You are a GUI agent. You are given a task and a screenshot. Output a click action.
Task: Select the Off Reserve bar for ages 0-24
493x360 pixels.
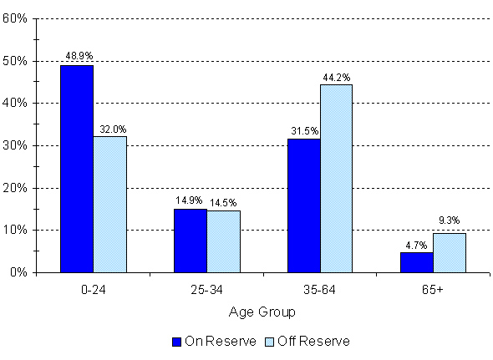[109, 205]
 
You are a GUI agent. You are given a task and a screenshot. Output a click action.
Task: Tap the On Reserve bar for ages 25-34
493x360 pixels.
[191, 241]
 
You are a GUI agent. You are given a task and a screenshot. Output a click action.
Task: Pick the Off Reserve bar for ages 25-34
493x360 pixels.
[223, 241]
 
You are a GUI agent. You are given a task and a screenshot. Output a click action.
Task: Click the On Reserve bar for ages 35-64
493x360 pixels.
[304, 205]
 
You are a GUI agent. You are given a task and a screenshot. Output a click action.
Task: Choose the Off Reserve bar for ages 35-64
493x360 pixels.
[337, 179]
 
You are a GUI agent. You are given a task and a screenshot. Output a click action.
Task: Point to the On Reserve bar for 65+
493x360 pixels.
[417, 262]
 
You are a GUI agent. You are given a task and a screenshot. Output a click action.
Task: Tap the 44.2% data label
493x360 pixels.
[336, 76]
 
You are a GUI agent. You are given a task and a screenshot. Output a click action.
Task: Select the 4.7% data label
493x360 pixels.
[417, 245]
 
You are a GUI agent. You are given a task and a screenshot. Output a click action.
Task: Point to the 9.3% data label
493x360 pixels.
[450, 221]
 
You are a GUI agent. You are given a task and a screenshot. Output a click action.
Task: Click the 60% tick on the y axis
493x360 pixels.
[18, 18]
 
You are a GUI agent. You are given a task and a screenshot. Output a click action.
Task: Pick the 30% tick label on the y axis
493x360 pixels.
[18, 145]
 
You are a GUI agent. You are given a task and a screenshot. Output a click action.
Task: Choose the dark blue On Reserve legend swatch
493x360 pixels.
[176, 341]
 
